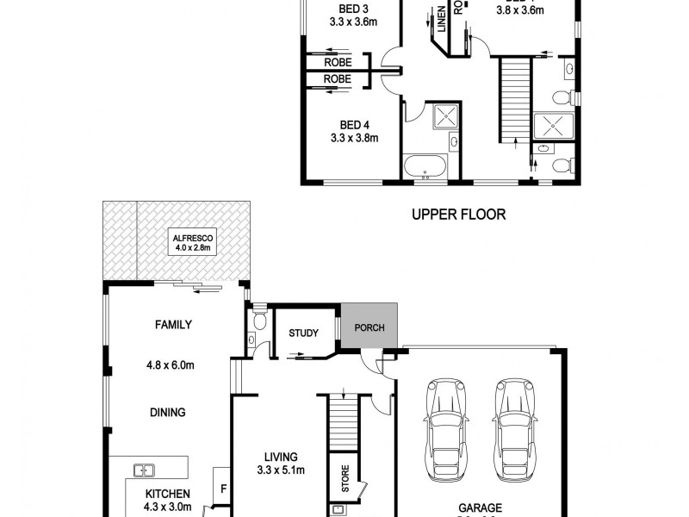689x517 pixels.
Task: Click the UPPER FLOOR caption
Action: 458,214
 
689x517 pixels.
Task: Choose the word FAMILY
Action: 173,325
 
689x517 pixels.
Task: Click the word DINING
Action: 167,413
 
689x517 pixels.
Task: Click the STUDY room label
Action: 303,333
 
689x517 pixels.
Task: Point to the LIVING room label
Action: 282,457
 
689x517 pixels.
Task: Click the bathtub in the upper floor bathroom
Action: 425,167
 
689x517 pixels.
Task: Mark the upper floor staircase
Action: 514,101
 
